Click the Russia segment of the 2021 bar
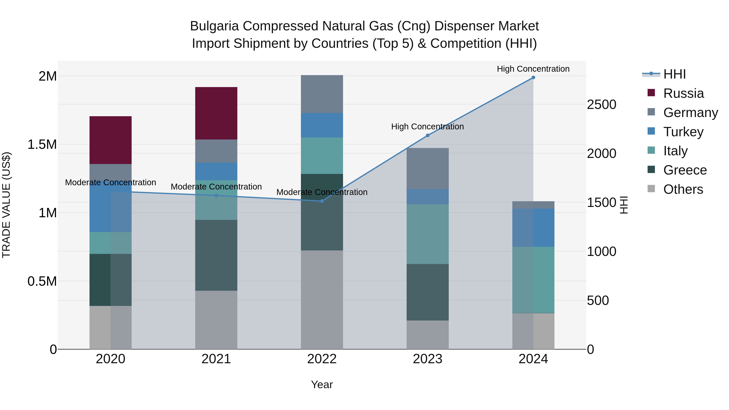(x=216, y=113)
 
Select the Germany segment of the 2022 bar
(x=322, y=94)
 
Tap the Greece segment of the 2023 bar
(x=428, y=292)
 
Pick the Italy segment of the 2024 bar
(x=533, y=280)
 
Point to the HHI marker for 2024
(x=533, y=78)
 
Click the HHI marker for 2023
(x=428, y=135)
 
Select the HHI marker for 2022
(x=322, y=201)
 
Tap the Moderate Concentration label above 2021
(x=216, y=187)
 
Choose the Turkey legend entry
(x=683, y=132)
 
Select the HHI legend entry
(x=674, y=74)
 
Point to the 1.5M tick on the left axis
(x=42, y=145)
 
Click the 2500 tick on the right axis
(x=601, y=104)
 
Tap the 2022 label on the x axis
(x=322, y=359)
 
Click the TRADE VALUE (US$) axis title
(x=6, y=205)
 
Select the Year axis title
(x=322, y=384)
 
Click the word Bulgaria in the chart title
(x=214, y=26)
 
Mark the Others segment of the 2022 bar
(x=322, y=300)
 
